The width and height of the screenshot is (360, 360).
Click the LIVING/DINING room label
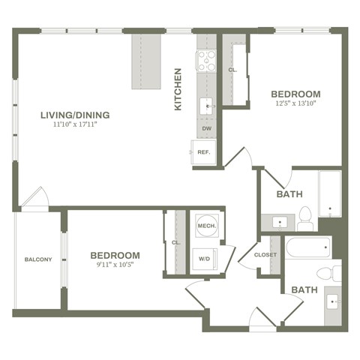(x=76, y=115)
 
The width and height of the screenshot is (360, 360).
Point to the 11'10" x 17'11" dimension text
(x=76, y=124)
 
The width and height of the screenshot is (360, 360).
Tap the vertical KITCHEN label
(x=178, y=89)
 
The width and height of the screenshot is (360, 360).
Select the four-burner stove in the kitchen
(x=206, y=60)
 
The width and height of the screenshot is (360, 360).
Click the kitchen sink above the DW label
(x=206, y=107)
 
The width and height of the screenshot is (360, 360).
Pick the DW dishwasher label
(x=206, y=129)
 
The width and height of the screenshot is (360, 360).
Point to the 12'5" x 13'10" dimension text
(x=295, y=103)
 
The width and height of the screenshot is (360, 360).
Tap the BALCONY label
(x=38, y=259)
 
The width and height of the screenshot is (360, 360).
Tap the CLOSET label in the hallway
(x=265, y=254)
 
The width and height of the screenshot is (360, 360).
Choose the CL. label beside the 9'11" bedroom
(x=175, y=242)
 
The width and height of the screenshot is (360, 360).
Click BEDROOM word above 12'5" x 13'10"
(x=295, y=93)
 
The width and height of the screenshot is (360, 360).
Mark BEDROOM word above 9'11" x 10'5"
(x=115, y=255)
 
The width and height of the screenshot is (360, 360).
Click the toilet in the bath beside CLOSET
(x=328, y=272)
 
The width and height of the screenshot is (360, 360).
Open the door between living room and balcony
(x=34, y=199)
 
